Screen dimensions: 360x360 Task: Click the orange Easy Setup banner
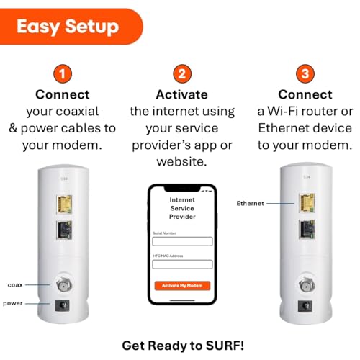pyautogui.click(x=68, y=27)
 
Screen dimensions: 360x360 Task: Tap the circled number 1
pyautogui.click(x=64, y=74)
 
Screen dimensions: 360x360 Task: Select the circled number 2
pyautogui.click(x=182, y=74)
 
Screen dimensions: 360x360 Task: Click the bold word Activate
pyautogui.click(x=182, y=95)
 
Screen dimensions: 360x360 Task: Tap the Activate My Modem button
pyautogui.click(x=182, y=285)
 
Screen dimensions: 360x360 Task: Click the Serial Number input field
pyautogui.click(x=182, y=241)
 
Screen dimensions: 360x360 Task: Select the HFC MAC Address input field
pyautogui.click(x=182, y=264)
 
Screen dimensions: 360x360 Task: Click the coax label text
pyautogui.click(x=16, y=285)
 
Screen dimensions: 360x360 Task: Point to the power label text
pyautogui.click(x=14, y=303)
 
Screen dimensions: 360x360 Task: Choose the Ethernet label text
pyautogui.click(x=251, y=204)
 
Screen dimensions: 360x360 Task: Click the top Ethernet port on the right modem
pyautogui.click(x=307, y=204)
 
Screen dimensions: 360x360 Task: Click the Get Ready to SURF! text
pyautogui.click(x=182, y=345)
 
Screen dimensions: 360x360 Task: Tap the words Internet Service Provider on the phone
pyautogui.click(x=182, y=207)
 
